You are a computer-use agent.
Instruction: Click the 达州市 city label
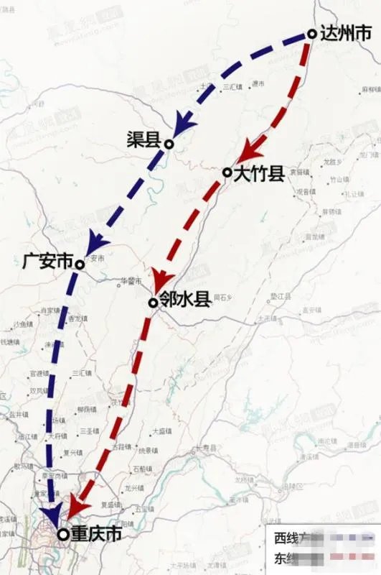click(x=346, y=33)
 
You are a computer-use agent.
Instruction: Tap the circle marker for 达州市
click(x=312, y=33)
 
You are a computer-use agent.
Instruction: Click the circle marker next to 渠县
click(x=169, y=144)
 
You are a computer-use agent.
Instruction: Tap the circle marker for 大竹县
click(x=227, y=172)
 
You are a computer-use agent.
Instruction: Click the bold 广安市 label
click(x=48, y=261)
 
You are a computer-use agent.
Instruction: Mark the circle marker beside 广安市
click(x=80, y=264)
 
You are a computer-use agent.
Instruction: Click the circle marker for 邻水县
click(x=153, y=303)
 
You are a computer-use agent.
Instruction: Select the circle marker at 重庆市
click(x=63, y=534)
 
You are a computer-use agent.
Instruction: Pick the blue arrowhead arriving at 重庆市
click(x=51, y=516)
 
